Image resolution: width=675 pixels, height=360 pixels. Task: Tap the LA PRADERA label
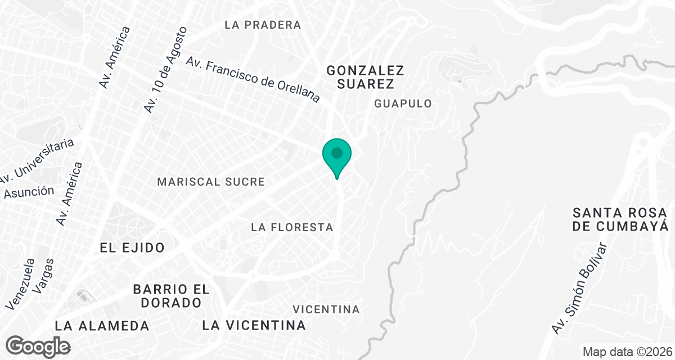pyautogui.click(x=263, y=25)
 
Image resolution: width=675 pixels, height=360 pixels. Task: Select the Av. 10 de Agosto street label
pyautogui.click(x=165, y=69)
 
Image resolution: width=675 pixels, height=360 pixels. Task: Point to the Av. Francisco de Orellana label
pyautogui.click(x=253, y=79)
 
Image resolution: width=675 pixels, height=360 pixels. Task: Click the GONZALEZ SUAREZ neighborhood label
pyautogui.click(x=366, y=77)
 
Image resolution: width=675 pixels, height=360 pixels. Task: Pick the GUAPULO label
pyautogui.click(x=403, y=103)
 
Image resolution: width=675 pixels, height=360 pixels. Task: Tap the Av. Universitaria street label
pyautogui.click(x=37, y=161)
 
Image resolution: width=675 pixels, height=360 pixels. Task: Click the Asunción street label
pyautogui.click(x=29, y=192)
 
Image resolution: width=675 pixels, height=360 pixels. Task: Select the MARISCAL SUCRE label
pyautogui.click(x=211, y=182)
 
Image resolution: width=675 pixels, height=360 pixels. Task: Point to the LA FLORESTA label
pyautogui.click(x=292, y=227)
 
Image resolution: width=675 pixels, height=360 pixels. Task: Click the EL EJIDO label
pyautogui.click(x=132, y=247)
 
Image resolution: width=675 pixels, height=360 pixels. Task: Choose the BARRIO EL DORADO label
pyautogui.click(x=171, y=296)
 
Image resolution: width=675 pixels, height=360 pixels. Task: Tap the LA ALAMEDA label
pyautogui.click(x=102, y=326)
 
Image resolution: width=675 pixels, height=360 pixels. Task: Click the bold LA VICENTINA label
pyautogui.click(x=254, y=325)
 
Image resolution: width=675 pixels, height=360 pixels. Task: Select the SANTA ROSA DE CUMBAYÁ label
pyautogui.click(x=620, y=219)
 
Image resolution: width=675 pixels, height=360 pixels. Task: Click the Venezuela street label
pyautogui.click(x=20, y=284)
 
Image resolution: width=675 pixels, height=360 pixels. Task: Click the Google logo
pyautogui.click(x=38, y=346)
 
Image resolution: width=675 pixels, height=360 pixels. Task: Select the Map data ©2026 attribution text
pyautogui.click(x=626, y=352)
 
